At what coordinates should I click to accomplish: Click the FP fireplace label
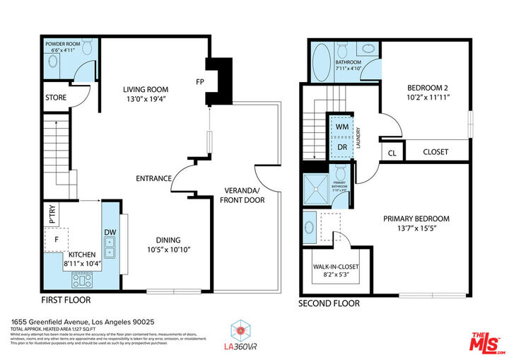click(200, 81)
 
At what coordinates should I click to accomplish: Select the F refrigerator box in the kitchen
click(56, 239)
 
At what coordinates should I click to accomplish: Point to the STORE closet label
click(56, 98)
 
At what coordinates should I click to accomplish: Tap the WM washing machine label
click(342, 127)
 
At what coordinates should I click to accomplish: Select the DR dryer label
click(342, 146)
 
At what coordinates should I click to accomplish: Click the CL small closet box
click(391, 151)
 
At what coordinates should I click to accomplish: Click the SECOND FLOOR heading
click(329, 303)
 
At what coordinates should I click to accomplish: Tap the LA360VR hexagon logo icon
click(241, 329)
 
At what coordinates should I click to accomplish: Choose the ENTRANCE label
click(153, 178)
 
